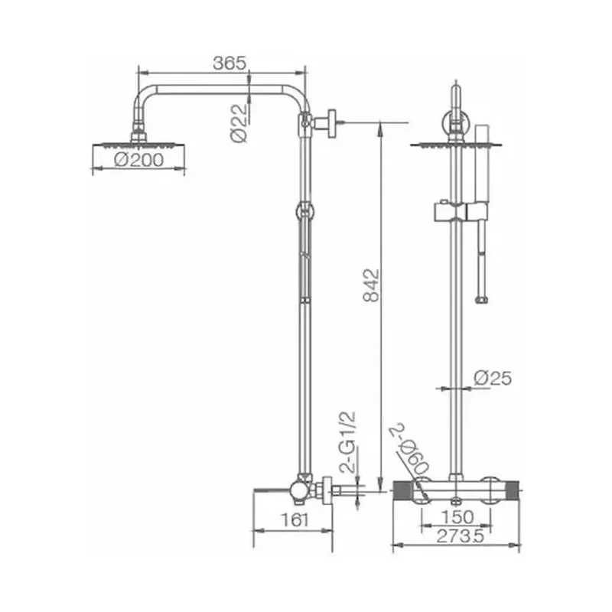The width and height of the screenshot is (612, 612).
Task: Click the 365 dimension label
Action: [230, 63]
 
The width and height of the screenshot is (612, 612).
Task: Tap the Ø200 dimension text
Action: [139, 160]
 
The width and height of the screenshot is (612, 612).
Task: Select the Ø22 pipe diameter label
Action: [239, 123]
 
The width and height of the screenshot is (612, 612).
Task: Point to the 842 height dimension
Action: [371, 285]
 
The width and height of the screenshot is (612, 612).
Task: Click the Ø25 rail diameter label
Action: [493, 378]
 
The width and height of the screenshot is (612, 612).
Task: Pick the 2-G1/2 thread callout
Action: [348, 441]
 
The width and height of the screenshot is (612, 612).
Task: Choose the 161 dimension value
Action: [295, 520]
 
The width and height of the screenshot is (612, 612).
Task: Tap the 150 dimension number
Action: [457, 517]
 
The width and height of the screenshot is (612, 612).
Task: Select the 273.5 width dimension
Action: [461, 536]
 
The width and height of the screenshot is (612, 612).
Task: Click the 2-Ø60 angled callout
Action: [410, 449]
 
